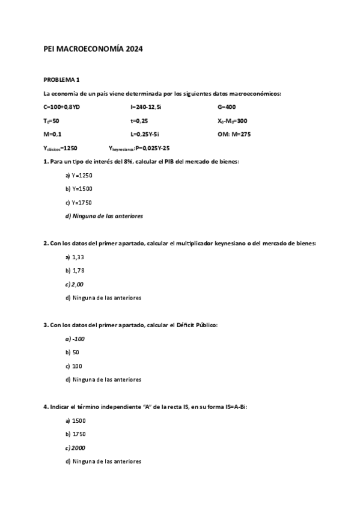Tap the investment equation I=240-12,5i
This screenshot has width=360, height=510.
coord(145,106)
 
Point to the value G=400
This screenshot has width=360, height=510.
coord(227,106)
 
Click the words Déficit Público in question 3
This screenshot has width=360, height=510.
coord(197,325)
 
